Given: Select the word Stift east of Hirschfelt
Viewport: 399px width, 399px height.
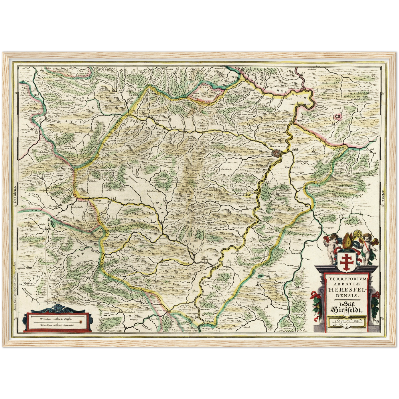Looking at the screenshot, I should [296, 149].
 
